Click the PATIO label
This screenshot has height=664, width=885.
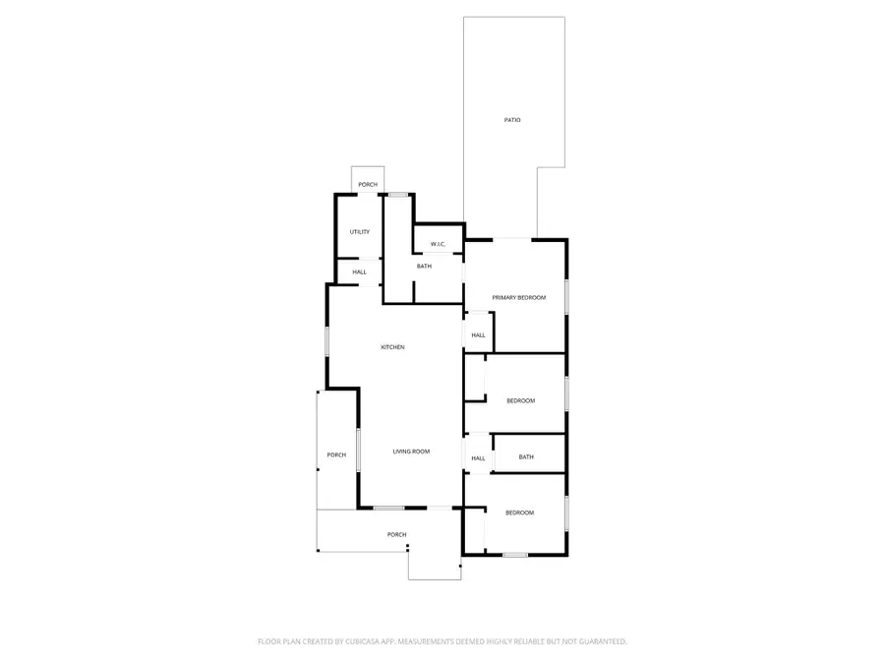tap(512, 120)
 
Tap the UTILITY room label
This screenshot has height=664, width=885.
tap(360, 232)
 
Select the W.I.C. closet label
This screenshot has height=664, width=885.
tap(439, 244)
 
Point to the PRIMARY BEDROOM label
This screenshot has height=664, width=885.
tap(518, 297)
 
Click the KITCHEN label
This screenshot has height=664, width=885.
tap(393, 347)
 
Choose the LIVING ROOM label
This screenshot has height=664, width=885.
tap(411, 452)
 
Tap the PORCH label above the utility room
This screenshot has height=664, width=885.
tap(368, 185)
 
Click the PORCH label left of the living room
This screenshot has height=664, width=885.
tap(336, 454)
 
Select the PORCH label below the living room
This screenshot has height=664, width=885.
tap(396, 534)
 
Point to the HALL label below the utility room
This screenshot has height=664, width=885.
tap(360, 272)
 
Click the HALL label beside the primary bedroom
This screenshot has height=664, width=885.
tap(478, 335)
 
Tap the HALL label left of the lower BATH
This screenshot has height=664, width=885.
tap(478, 458)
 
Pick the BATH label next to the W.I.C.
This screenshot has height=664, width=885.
tap(424, 267)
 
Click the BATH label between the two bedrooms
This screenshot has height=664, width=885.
tap(526, 456)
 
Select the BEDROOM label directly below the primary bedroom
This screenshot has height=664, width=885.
tap(520, 400)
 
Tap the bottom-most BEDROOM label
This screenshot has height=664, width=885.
tap(519, 513)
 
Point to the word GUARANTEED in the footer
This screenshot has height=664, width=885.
tap(600, 641)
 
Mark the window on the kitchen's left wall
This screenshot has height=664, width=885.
tap(327, 345)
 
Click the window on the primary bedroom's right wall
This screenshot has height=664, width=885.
tap(566, 297)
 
